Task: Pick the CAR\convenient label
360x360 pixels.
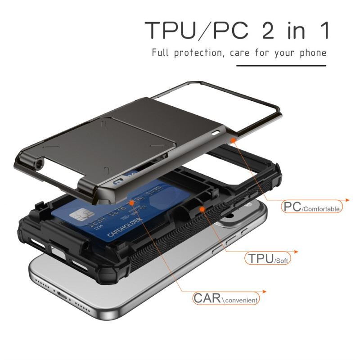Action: point(226,298)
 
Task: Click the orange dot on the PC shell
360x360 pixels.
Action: point(234,140)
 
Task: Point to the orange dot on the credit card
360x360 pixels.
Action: point(131,203)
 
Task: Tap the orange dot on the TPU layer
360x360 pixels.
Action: point(202,209)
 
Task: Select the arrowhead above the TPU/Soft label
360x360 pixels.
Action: point(296,251)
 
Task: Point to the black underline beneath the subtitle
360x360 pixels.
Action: point(281,66)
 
